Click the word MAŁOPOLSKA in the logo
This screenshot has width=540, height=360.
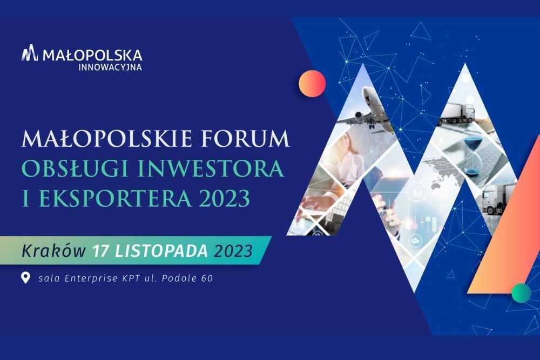coord(92,55)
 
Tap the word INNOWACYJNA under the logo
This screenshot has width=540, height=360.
coord(110,67)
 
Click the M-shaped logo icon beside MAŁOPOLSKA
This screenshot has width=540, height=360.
coord(29,53)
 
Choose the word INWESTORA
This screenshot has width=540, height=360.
coord(211,168)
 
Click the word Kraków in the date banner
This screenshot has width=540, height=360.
coord(53,250)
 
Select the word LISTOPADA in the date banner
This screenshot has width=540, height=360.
coord(161,250)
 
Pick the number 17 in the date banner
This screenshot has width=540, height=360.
coord(101,250)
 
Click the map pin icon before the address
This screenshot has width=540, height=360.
coord(25,277)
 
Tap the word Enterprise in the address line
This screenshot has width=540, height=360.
coord(91,278)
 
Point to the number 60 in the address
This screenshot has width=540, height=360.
coord(207,278)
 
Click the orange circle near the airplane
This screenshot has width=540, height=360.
coord(312,84)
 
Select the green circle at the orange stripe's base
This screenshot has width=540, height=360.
coord(521,293)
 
